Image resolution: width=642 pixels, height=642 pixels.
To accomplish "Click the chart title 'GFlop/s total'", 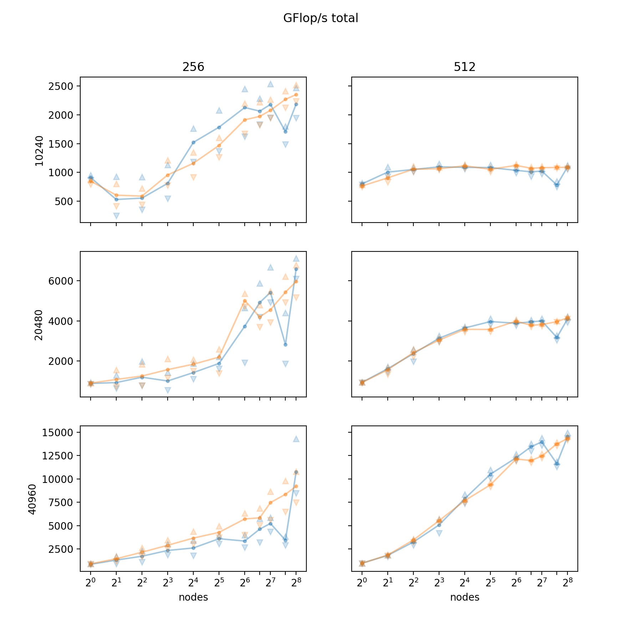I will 321,18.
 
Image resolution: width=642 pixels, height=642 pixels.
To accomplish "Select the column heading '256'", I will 193,67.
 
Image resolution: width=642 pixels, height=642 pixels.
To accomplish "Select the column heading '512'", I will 464,67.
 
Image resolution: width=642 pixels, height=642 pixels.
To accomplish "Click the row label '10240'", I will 39,151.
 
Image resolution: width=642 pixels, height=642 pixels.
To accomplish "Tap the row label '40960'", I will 32,499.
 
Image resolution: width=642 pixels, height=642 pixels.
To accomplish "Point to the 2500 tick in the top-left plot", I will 61,86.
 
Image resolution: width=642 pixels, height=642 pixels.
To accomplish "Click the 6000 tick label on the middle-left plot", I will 61,281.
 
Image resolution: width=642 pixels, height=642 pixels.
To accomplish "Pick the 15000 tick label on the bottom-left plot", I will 57,433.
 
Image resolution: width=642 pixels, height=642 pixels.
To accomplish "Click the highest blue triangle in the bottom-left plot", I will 296,439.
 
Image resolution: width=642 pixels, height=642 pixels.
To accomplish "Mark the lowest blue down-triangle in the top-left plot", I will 116,216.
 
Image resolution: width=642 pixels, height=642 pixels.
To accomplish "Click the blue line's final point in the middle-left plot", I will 296,269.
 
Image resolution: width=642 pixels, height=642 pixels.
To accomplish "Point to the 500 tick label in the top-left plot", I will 65,202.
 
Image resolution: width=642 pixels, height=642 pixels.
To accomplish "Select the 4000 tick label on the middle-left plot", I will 61,321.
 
